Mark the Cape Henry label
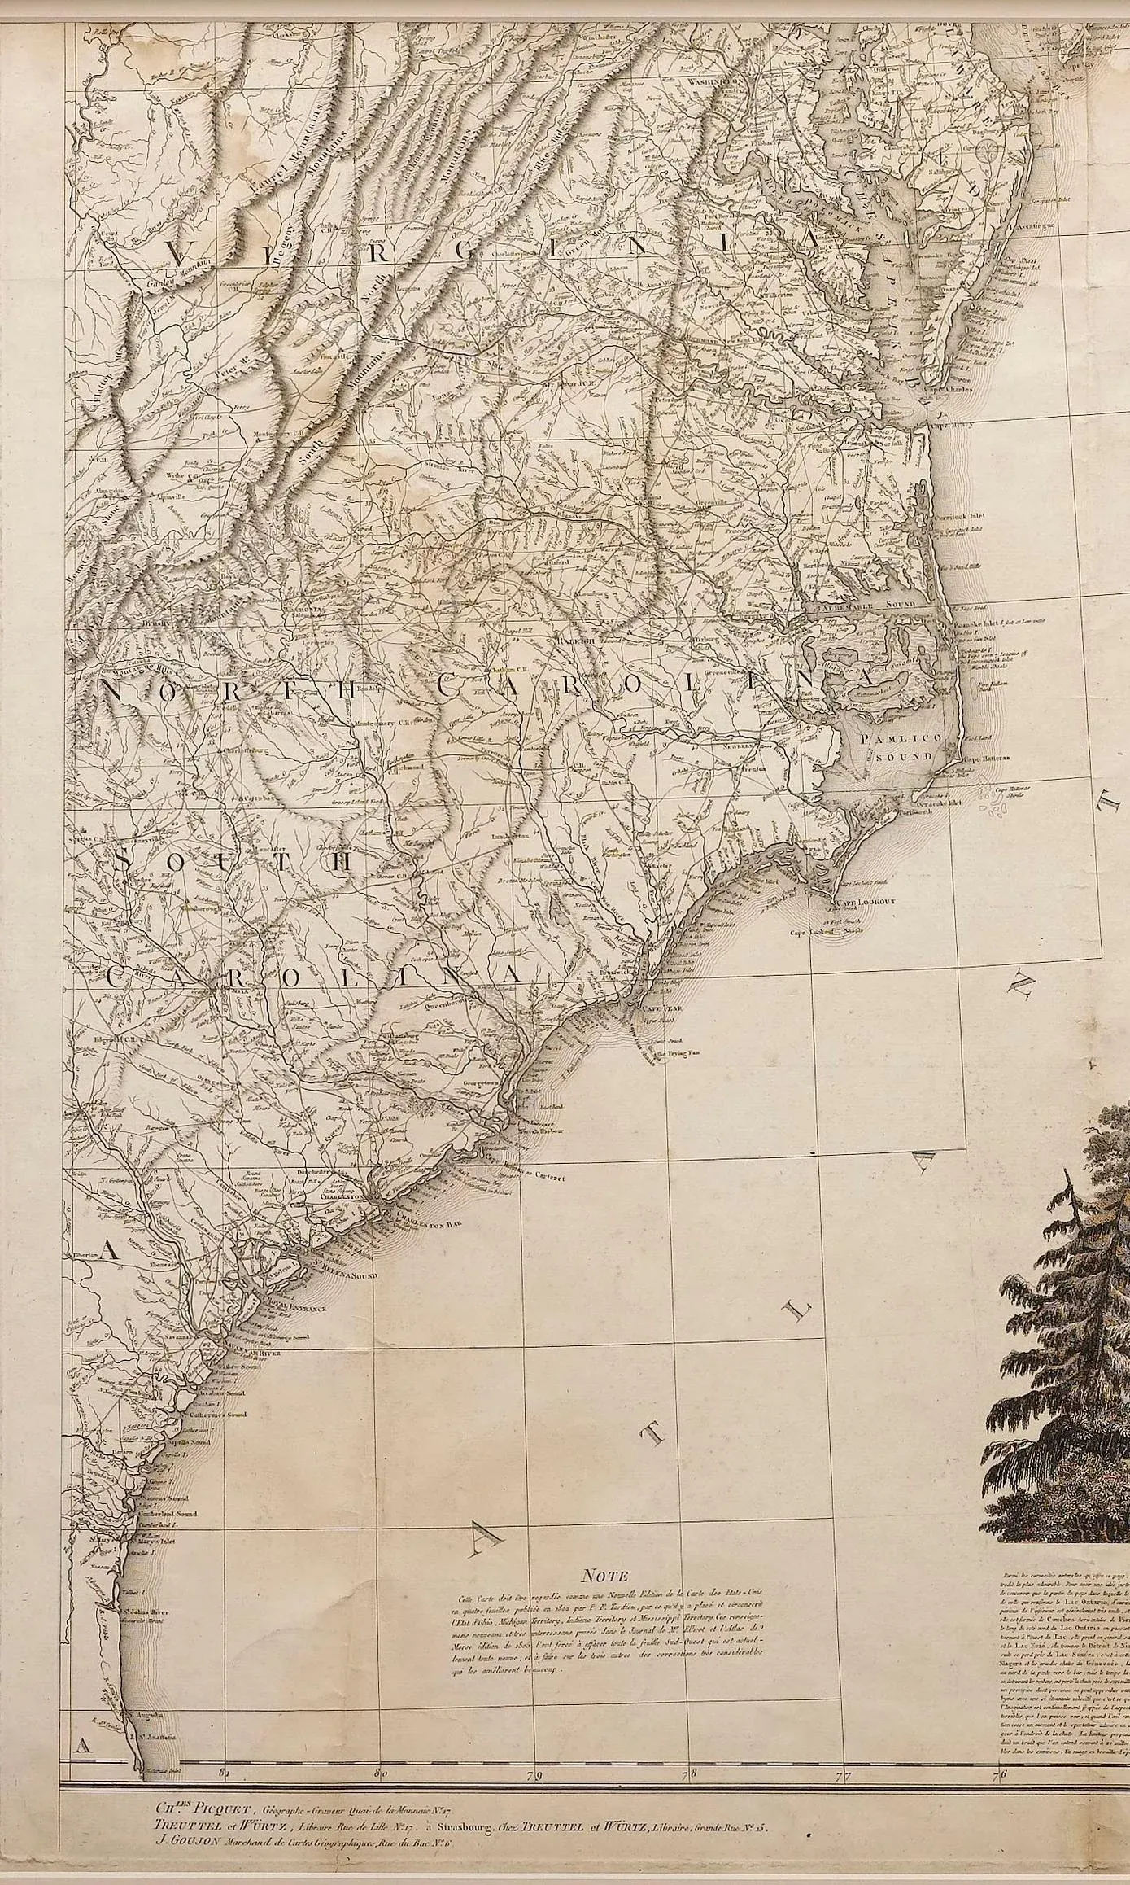952,424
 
